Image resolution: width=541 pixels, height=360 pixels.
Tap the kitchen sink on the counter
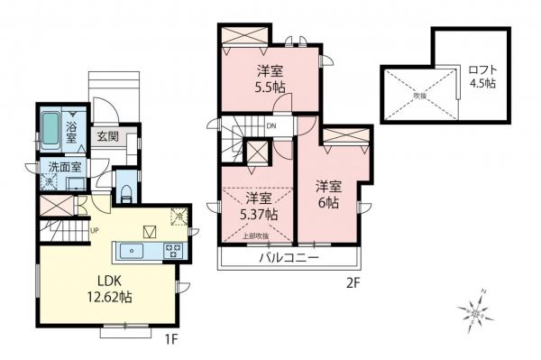click(134, 250)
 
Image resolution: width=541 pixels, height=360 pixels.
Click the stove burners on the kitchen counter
click(173, 250)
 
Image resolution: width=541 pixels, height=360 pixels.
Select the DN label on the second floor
click(270, 127)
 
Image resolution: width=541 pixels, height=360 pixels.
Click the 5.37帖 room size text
click(260, 215)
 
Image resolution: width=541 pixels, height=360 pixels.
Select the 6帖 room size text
click(327, 203)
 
